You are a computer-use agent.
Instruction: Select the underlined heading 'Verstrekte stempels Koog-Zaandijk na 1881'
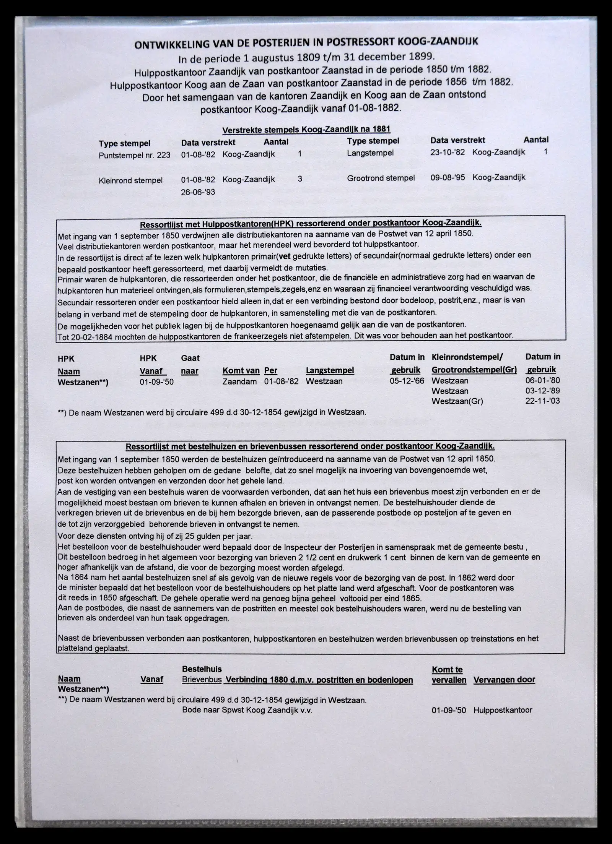click(306, 129)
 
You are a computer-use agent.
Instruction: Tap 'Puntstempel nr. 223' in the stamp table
click(134, 155)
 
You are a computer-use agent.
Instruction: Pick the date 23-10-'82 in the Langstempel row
click(448, 152)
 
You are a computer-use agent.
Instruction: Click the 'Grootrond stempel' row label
click(381, 178)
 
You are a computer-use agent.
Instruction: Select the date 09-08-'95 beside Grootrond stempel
click(448, 177)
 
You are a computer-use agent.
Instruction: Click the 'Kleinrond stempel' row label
click(130, 180)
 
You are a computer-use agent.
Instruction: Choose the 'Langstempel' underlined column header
click(330, 370)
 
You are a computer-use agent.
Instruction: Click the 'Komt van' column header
click(241, 371)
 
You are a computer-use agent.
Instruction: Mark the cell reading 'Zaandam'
click(239, 381)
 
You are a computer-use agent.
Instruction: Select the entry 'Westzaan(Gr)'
click(457, 401)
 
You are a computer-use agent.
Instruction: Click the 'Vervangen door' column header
click(504, 680)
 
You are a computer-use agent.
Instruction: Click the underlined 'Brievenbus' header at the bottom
click(201, 680)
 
